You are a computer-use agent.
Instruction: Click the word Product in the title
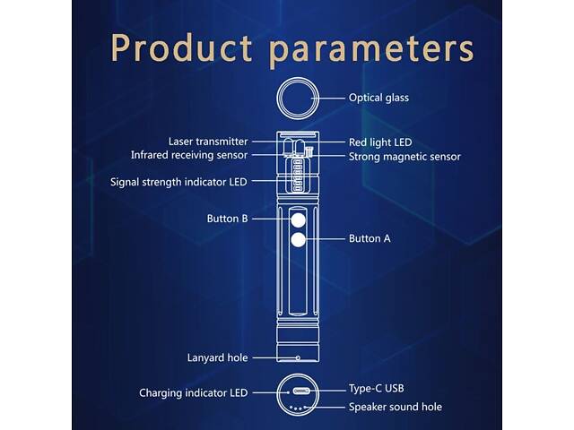181,47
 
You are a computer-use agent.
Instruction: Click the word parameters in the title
371,50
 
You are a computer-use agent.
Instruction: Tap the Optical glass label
378,98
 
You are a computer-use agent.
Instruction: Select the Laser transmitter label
208,142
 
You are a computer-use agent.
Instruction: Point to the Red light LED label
380,142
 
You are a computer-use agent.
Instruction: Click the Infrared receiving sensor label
189,155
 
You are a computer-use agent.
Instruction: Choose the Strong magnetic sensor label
404,157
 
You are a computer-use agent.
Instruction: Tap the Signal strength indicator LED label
178,182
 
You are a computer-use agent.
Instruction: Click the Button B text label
227,219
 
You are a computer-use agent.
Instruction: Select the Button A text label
370,239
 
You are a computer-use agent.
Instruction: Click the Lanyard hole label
217,357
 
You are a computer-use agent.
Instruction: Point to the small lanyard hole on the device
298,358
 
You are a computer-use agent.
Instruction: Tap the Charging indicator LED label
194,393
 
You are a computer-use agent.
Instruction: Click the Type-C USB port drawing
301,391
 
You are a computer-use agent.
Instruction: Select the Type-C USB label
376,388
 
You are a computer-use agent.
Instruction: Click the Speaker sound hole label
395,407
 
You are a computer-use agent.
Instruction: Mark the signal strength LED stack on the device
298,175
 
